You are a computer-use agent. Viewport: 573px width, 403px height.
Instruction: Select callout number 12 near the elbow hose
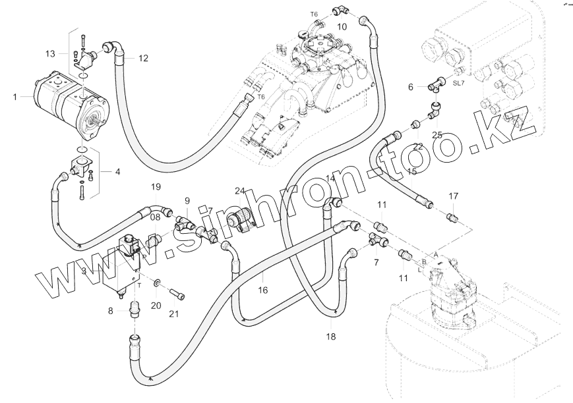(x=143, y=58)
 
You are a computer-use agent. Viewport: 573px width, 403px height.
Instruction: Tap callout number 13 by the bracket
(x=51, y=53)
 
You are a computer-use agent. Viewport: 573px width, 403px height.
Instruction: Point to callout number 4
(x=117, y=173)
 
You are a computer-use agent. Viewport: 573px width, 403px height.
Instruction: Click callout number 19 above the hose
(x=156, y=187)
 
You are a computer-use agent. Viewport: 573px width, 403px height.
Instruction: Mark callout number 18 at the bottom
(x=330, y=336)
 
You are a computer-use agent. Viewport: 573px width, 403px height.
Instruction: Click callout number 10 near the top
(x=342, y=26)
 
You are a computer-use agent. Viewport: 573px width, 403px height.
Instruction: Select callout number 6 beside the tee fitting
(x=411, y=87)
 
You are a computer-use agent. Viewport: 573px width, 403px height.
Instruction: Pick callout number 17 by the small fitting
(x=453, y=196)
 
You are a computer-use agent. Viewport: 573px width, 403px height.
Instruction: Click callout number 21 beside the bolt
(x=173, y=313)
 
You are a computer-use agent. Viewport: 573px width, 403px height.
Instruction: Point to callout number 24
(x=241, y=192)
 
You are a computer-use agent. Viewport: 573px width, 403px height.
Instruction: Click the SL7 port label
(x=458, y=83)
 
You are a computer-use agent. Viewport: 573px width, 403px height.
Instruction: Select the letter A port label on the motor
(x=435, y=253)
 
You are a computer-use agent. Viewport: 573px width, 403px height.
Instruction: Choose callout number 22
(x=417, y=146)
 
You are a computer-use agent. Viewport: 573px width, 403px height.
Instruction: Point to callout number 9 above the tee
(x=187, y=200)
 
